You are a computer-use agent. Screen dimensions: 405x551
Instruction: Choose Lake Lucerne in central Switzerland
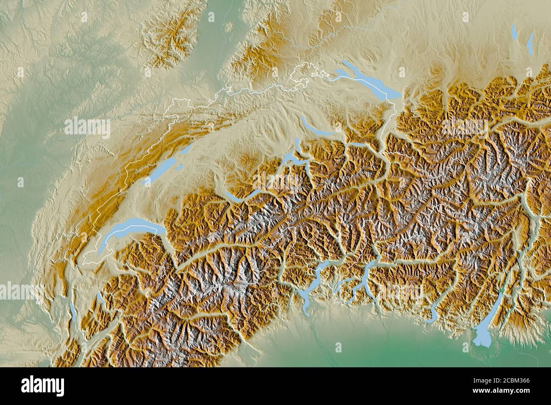[292, 159]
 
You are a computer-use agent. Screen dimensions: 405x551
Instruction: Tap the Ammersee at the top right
[515, 32]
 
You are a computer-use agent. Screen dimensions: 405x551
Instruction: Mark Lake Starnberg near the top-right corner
[531, 40]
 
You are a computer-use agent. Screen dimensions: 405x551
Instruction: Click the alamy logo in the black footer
[43, 385]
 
